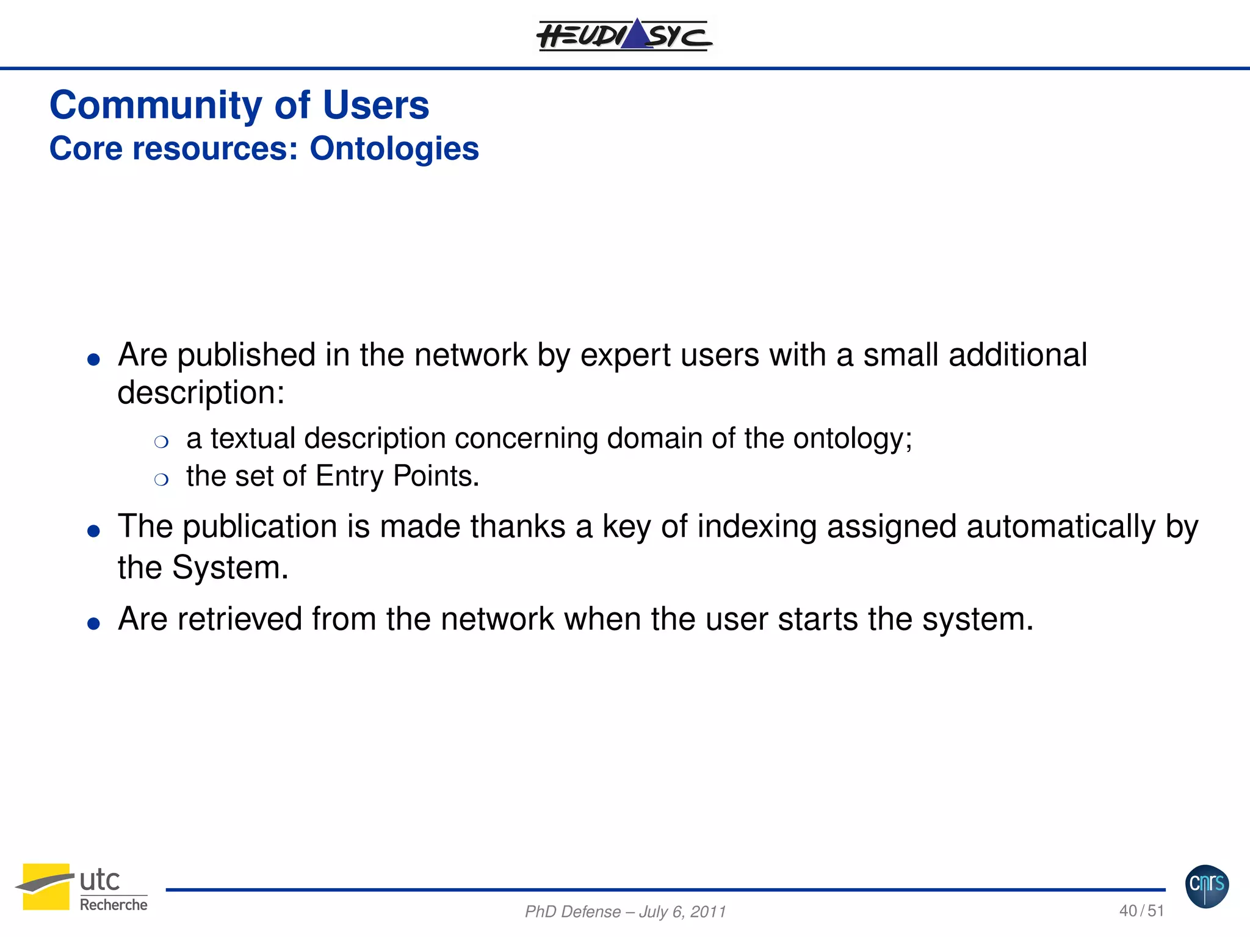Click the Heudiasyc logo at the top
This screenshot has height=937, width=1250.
pos(624,35)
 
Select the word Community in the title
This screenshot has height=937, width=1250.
pos(156,106)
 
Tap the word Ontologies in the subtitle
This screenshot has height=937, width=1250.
pos(394,149)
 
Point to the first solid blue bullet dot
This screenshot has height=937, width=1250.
pos(93,359)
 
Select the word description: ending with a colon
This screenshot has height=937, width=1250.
pos(201,393)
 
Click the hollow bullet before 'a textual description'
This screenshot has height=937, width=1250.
pos(161,442)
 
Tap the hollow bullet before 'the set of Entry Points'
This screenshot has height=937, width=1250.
pos(161,479)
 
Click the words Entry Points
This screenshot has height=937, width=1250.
pos(397,476)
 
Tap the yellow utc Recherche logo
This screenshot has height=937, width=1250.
pos(81,888)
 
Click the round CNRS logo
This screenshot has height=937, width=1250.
pos(1207,886)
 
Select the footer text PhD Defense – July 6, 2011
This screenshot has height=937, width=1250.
pos(625,911)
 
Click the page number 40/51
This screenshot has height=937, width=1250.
pos(1141,911)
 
